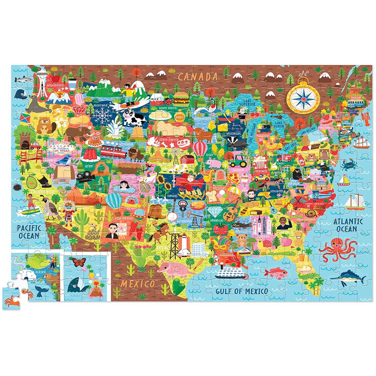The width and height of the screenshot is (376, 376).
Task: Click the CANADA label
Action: (x=198, y=77)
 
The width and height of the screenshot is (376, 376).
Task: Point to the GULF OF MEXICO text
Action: (x=241, y=291)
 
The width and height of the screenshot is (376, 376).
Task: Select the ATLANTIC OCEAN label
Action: (x=348, y=225)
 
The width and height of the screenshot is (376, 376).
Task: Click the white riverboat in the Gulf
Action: (x=231, y=272)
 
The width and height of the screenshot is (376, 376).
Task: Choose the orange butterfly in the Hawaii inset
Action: (x=79, y=262)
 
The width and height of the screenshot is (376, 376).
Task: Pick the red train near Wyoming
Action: (x=112, y=151)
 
